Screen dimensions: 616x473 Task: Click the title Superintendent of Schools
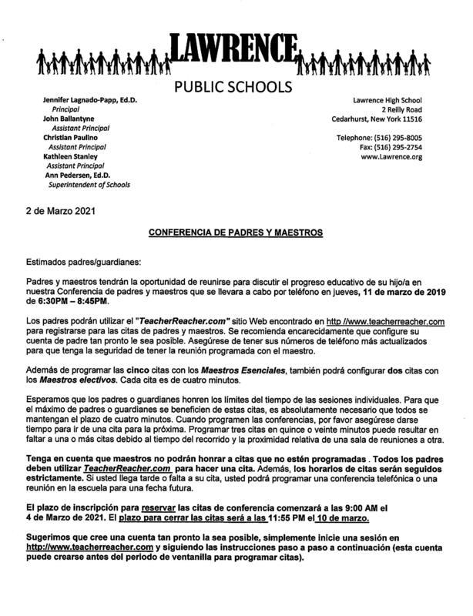(89, 184)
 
